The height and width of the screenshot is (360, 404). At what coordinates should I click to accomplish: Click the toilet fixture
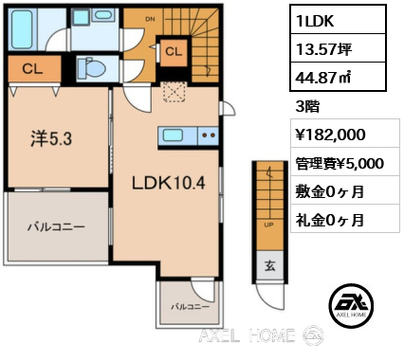click(91, 67)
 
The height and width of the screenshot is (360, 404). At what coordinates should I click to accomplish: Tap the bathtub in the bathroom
click(22, 29)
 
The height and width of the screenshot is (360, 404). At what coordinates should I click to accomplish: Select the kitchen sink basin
click(173, 135)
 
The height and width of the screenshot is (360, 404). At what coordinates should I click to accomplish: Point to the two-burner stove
click(208, 135)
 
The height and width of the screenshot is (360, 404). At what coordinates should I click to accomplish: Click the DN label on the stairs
click(151, 19)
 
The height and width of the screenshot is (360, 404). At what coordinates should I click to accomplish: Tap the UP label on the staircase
click(268, 225)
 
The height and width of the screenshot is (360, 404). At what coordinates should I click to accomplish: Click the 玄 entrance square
click(269, 266)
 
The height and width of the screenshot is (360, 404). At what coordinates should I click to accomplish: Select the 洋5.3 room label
click(52, 138)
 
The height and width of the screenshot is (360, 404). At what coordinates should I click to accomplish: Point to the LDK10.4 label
click(169, 183)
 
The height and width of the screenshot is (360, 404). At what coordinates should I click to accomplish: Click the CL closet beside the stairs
click(174, 51)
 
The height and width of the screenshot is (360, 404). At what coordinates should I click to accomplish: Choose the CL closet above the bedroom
click(32, 69)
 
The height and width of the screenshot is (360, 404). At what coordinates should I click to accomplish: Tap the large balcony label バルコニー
click(57, 226)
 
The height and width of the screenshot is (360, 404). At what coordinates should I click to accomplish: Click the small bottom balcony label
click(191, 306)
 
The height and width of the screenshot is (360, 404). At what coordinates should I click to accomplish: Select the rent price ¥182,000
click(330, 135)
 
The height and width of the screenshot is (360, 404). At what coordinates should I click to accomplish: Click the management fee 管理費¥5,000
click(340, 164)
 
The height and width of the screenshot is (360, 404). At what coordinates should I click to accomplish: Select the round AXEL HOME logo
click(351, 305)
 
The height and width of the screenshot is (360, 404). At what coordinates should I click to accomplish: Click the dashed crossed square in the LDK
click(174, 92)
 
